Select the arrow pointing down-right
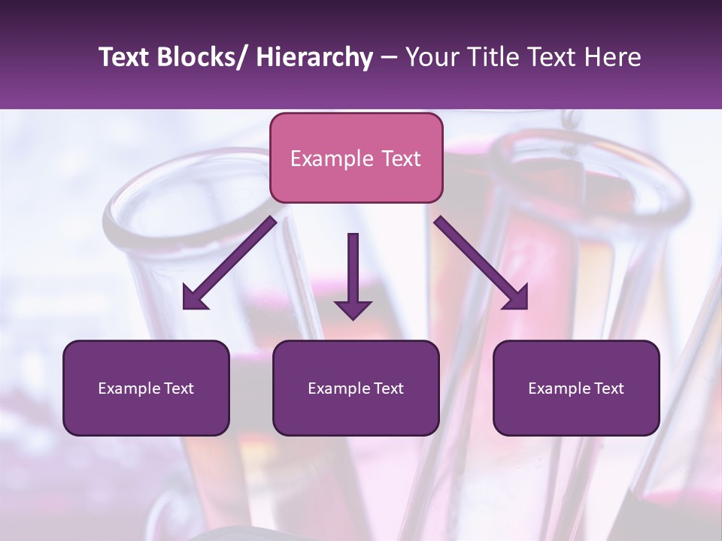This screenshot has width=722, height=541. (x=481, y=263)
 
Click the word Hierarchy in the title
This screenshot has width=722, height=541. (x=314, y=57)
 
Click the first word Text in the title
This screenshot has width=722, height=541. (x=124, y=57)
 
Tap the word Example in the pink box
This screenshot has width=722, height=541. (x=332, y=159)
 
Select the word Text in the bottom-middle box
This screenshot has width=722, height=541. (x=386, y=388)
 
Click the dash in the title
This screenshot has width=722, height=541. (x=389, y=57)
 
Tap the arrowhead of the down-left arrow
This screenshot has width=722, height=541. (x=194, y=298)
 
